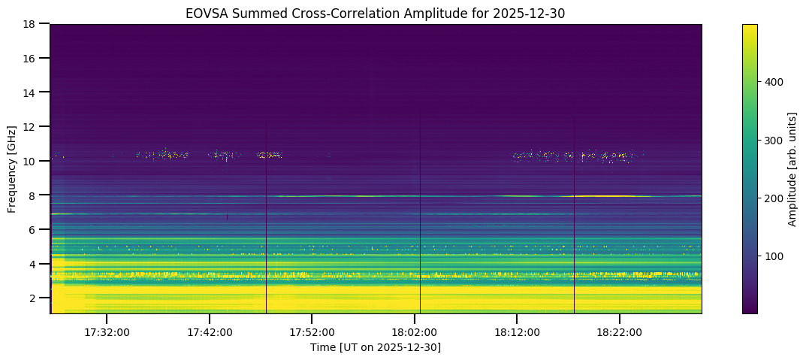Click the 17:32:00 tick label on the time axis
point(107,331)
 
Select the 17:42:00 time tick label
point(210,331)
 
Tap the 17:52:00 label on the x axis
point(312,331)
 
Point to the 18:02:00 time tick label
point(415,331)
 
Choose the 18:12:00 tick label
point(517,331)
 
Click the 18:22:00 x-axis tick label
point(620,331)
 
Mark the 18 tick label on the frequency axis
point(32,24)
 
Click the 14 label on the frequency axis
point(32,92)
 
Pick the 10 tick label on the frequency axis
point(32,161)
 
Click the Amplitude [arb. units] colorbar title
point(792,168)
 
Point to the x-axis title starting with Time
point(376,347)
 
